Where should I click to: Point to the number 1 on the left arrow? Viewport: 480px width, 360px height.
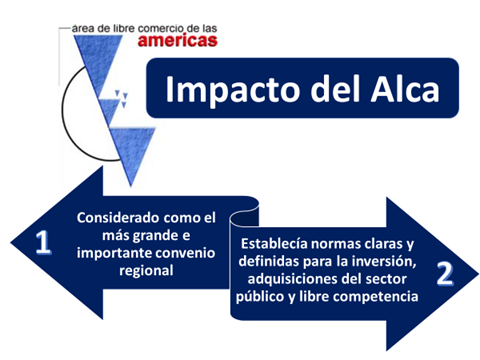click(x=42, y=244)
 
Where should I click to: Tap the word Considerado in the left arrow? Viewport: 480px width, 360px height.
click(x=117, y=217)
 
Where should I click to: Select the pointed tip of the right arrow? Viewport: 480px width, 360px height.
click(x=473, y=272)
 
